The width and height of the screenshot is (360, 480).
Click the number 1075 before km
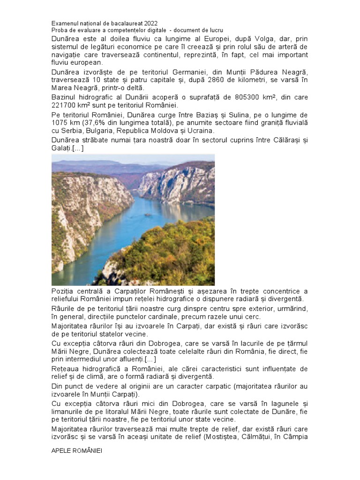click(60, 123)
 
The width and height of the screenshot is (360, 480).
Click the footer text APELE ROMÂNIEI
click(76, 450)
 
